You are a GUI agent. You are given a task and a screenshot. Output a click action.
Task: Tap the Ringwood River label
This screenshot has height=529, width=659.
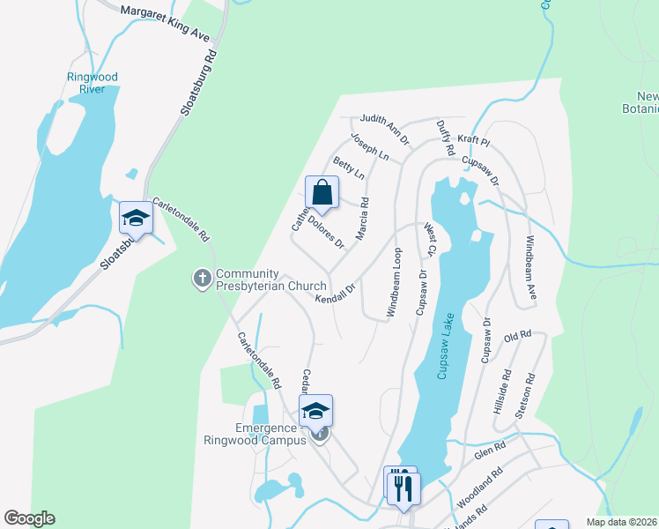tap(92, 83)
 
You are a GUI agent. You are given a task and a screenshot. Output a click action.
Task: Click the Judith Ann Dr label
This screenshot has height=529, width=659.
tap(385, 129)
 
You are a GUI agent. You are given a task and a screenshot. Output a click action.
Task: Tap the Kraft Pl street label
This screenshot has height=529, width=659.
tap(473, 139)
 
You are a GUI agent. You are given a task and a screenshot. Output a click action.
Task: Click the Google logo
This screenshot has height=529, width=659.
tap(29, 518)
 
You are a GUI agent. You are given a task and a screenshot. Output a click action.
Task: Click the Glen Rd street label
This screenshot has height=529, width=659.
tap(489, 450)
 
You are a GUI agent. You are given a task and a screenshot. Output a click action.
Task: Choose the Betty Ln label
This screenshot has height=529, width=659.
tap(348, 168)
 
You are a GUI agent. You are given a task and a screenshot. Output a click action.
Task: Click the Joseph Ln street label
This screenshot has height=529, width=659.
tap(370, 146)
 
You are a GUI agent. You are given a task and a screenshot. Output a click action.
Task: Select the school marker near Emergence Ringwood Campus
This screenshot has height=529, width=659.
tap(315, 411)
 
